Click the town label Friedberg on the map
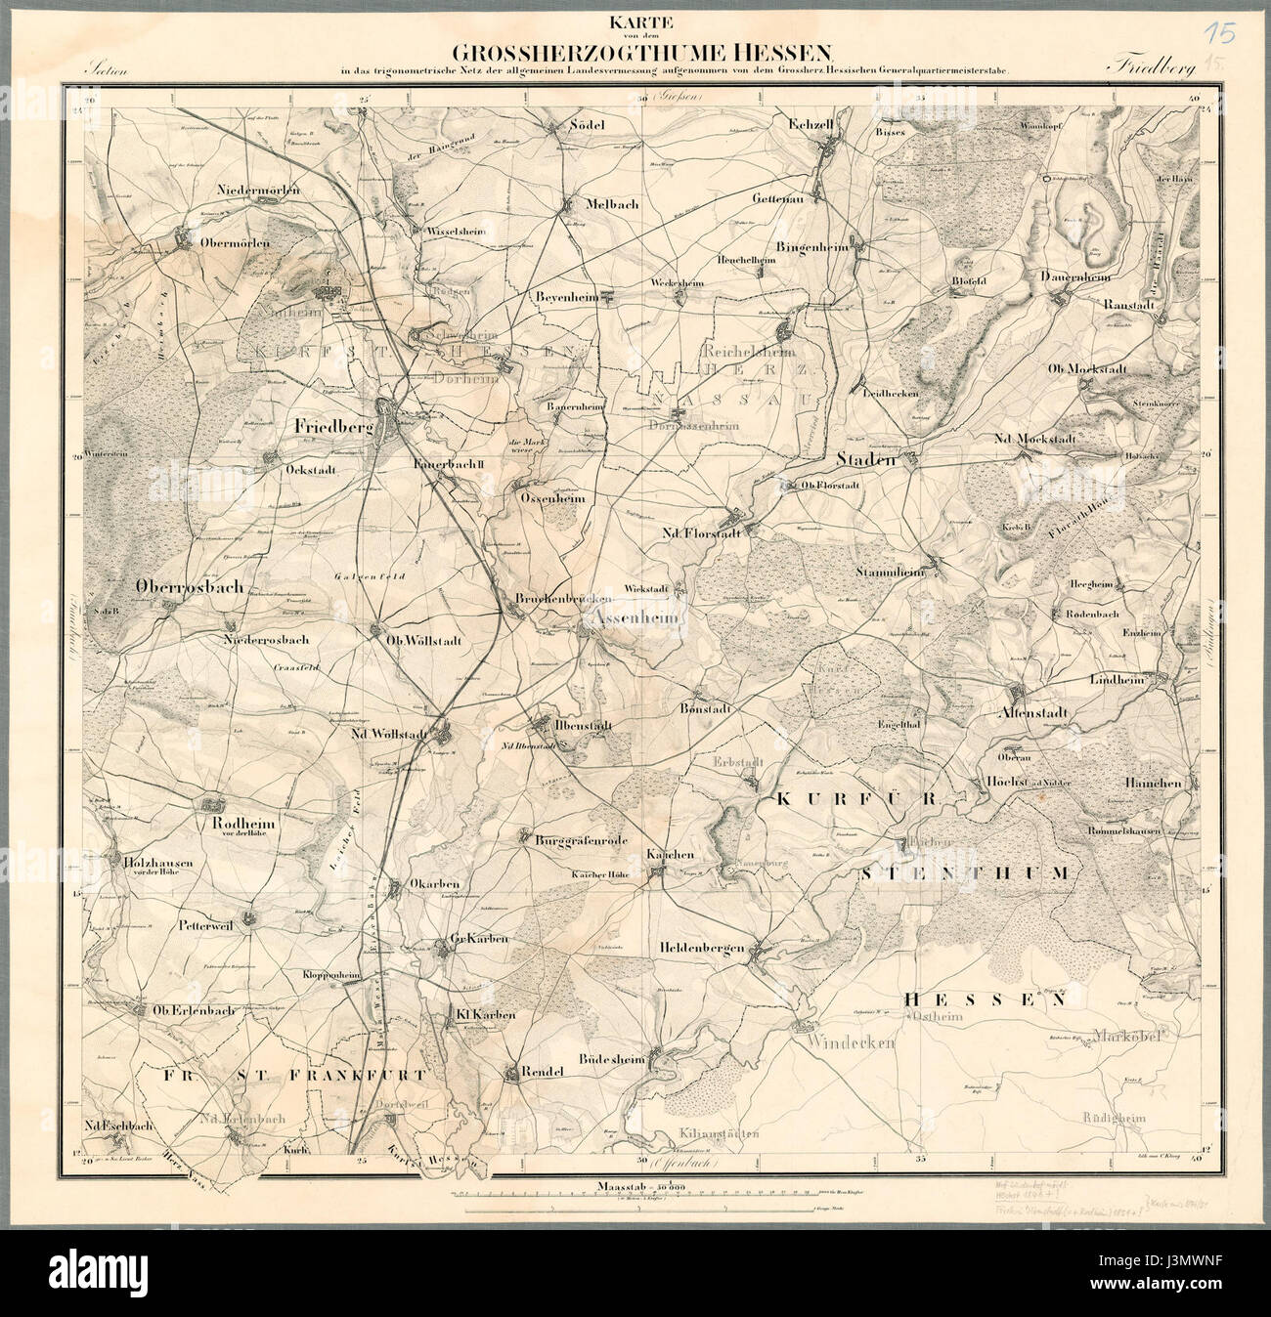(333, 427)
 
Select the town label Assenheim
(625, 616)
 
